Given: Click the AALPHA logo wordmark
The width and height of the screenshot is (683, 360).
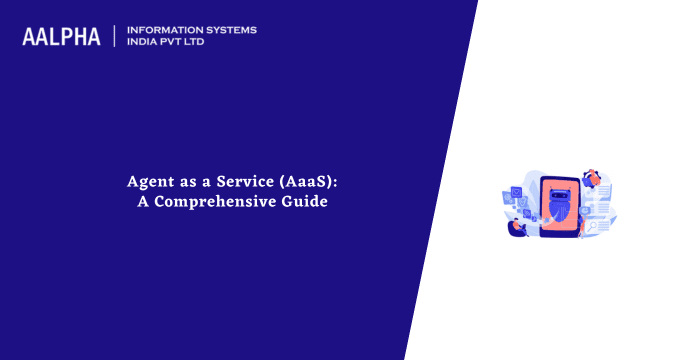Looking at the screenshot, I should tap(61, 37).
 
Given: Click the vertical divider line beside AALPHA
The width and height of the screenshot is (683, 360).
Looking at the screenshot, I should tap(115, 36).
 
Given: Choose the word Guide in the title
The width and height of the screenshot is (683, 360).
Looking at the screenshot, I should tap(306, 201).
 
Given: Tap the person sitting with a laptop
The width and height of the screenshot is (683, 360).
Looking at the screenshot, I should tap(519, 226).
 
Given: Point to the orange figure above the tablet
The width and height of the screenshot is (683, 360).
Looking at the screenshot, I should tap(593, 178).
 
